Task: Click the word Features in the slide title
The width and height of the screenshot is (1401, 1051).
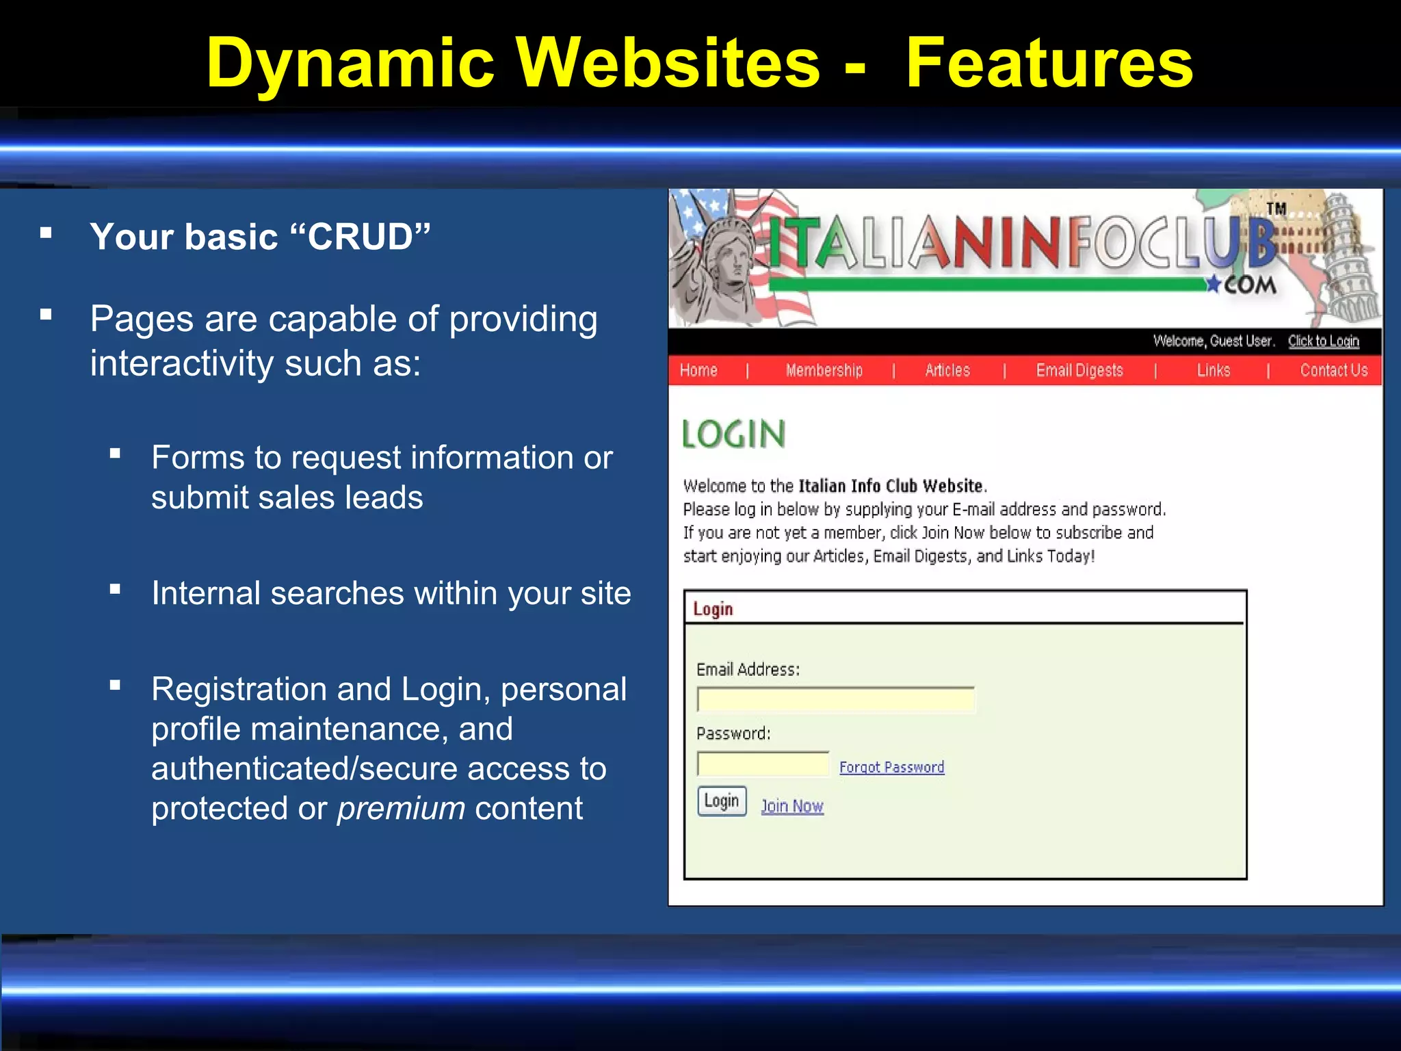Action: coord(1049,63)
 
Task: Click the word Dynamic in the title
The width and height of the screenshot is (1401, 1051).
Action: coord(350,63)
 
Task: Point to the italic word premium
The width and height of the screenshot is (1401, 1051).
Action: coord(401,808)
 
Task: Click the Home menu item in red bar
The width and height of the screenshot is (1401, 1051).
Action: coord(698,370)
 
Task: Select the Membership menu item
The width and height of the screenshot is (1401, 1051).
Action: coord(824,370)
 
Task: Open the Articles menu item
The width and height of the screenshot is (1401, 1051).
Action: coord(947,370)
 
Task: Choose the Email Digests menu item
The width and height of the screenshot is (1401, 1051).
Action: coord(1079,370)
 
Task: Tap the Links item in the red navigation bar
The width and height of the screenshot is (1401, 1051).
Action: coord(1214,370)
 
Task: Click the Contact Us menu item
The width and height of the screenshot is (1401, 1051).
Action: coord(1333,370)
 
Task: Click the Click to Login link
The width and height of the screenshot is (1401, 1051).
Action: coord(1323,341)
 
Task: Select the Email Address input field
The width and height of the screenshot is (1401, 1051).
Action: coord(835,700)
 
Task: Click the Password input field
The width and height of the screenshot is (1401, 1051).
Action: coord(763,764)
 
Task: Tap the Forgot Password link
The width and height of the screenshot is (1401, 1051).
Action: coord(891,767)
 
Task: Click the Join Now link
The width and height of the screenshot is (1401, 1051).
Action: coord(792,806)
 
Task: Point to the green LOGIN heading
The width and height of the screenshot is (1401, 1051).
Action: coord(734,434)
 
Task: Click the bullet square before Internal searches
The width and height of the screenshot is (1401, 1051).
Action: coord(115,589)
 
